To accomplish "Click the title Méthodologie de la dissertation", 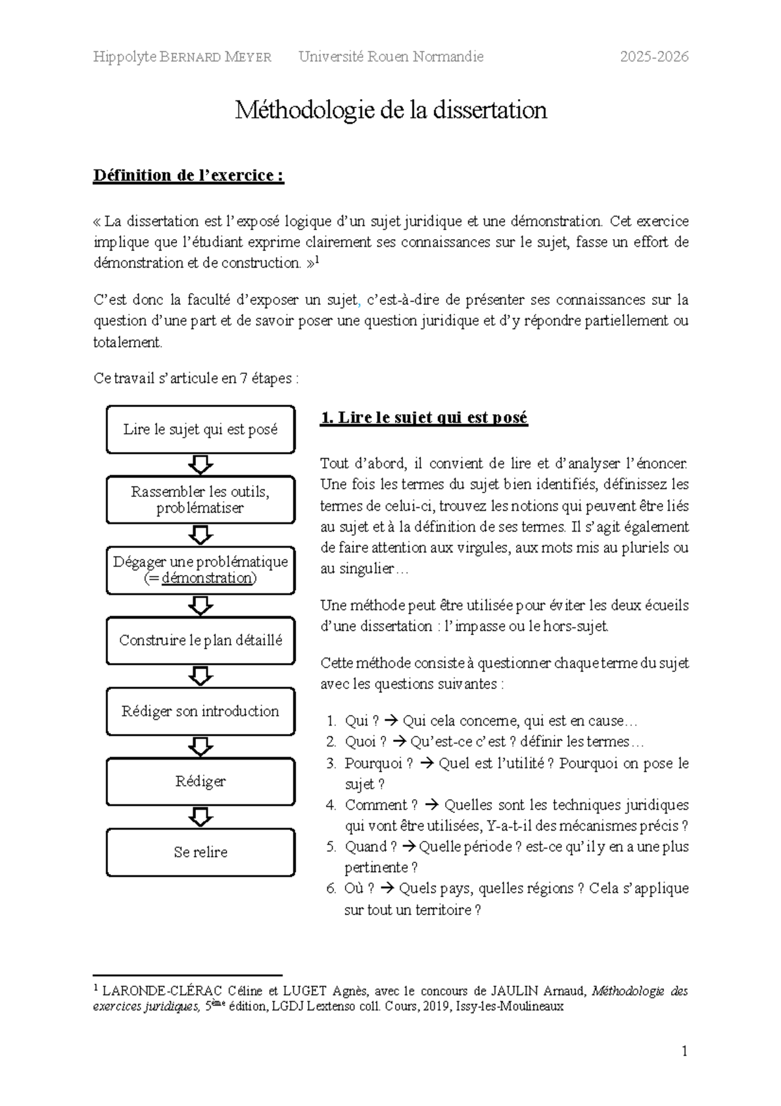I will coord(390,110).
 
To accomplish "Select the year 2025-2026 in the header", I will coord(653,57).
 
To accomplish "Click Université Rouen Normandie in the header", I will coord(390,57).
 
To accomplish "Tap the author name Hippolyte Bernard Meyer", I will coord(182,57).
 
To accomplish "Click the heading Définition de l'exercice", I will coord(188,175).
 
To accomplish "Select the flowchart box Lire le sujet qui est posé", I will coord(200,429).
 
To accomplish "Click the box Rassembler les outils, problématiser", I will coord(200,500).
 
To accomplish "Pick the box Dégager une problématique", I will coord(200,570).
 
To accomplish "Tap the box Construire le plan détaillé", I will coord(200,640).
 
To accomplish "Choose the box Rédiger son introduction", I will coord(200,711).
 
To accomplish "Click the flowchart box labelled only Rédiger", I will coord(200,781).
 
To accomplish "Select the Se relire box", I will coord(200,852).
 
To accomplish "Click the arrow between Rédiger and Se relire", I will coord(200,817).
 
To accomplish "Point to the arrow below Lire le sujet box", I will coord(200,464).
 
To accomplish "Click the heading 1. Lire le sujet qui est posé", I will coord(424,418).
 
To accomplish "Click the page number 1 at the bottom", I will coord(684,1051).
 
